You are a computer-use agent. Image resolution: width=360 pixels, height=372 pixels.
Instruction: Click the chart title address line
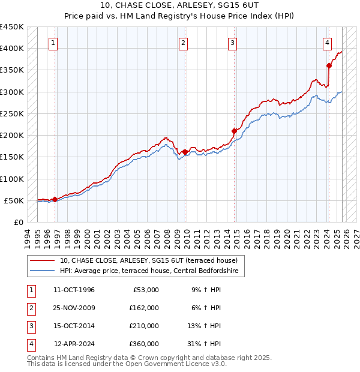pyautogui.click(x=180, y=6)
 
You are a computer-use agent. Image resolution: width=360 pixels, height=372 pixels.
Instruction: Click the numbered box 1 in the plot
pyautogui.click(x=54, y=43)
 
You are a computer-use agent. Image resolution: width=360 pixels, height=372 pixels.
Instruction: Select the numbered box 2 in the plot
pyautogui.click(x=183, y=43)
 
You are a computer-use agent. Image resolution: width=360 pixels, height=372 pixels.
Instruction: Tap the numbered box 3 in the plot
pyautogui.click(x=232, y=43)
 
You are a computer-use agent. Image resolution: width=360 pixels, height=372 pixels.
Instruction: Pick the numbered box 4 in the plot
pyautogui.click(x=327, y=43)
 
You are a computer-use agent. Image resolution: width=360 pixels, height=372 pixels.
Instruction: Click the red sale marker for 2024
pyautogui.click(x=329, y=65)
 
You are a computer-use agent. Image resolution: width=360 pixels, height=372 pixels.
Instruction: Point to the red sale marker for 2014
pyautogui.click(x=235, y=130)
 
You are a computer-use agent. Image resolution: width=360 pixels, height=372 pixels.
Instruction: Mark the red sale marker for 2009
pyautogui.click(x=185, y=151)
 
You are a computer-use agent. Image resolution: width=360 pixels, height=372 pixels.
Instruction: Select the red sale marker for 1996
pyautogui.click(x=55, y=199)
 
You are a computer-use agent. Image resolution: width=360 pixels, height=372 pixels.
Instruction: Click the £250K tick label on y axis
pyautogui.click(x=12, y=113)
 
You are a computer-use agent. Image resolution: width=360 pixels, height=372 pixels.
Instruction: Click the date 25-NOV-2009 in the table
pyautogui.click(x=74, y=308)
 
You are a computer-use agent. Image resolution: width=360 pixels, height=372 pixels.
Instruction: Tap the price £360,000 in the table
pyautogui.click(x=144, y=344)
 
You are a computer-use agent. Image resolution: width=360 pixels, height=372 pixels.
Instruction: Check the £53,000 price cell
pyautogui.click(x=146, y=290)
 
